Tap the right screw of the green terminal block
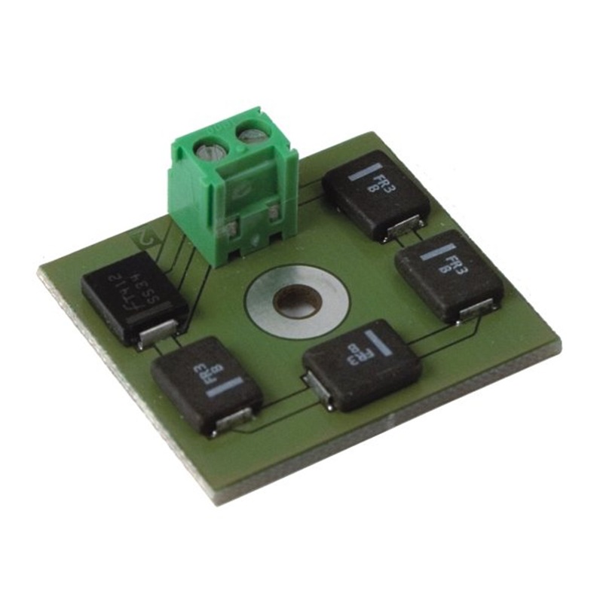251,136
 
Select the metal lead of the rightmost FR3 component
476,308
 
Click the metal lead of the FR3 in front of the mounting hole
318,384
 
